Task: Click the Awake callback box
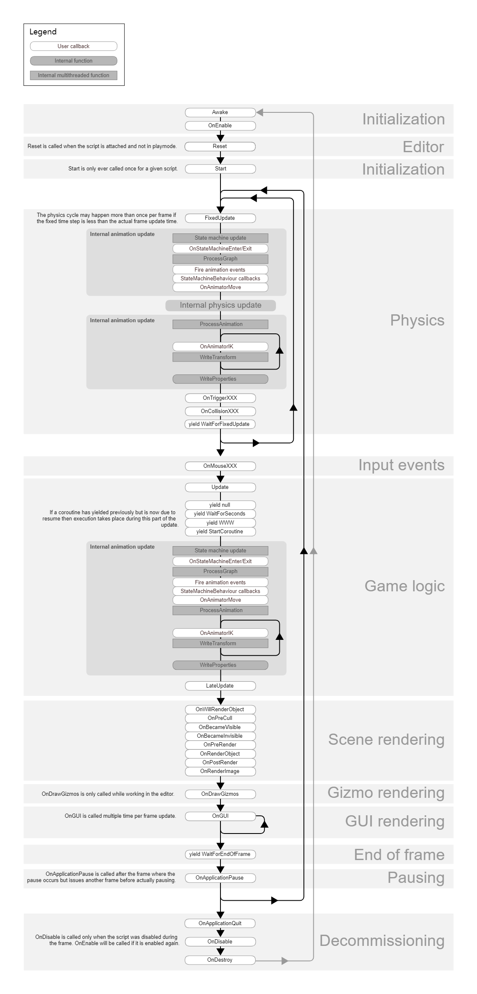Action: point(220,112)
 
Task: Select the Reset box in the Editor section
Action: point(220,146)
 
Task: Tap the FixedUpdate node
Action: point(220,218)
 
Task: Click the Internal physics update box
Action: point(220,306)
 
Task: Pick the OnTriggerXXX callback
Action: point(220,398)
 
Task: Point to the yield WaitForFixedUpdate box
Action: point(220,424)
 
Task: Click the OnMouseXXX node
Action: point(220,466)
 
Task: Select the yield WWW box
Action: point(220,523)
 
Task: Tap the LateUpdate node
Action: point(220,686)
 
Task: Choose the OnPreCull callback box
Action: point(220,718)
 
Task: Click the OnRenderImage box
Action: point(220,771)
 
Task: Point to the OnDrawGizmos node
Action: point(220,794)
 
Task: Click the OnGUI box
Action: point(220,816)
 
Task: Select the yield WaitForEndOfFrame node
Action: point(220,854)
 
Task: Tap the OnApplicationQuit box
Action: point(220,924)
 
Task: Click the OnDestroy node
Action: point(220,960)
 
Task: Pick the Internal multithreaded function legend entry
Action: point(74,75)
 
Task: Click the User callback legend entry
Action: point(74,46)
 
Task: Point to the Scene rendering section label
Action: point(386,739)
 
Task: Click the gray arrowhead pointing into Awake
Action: point(259,112)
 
